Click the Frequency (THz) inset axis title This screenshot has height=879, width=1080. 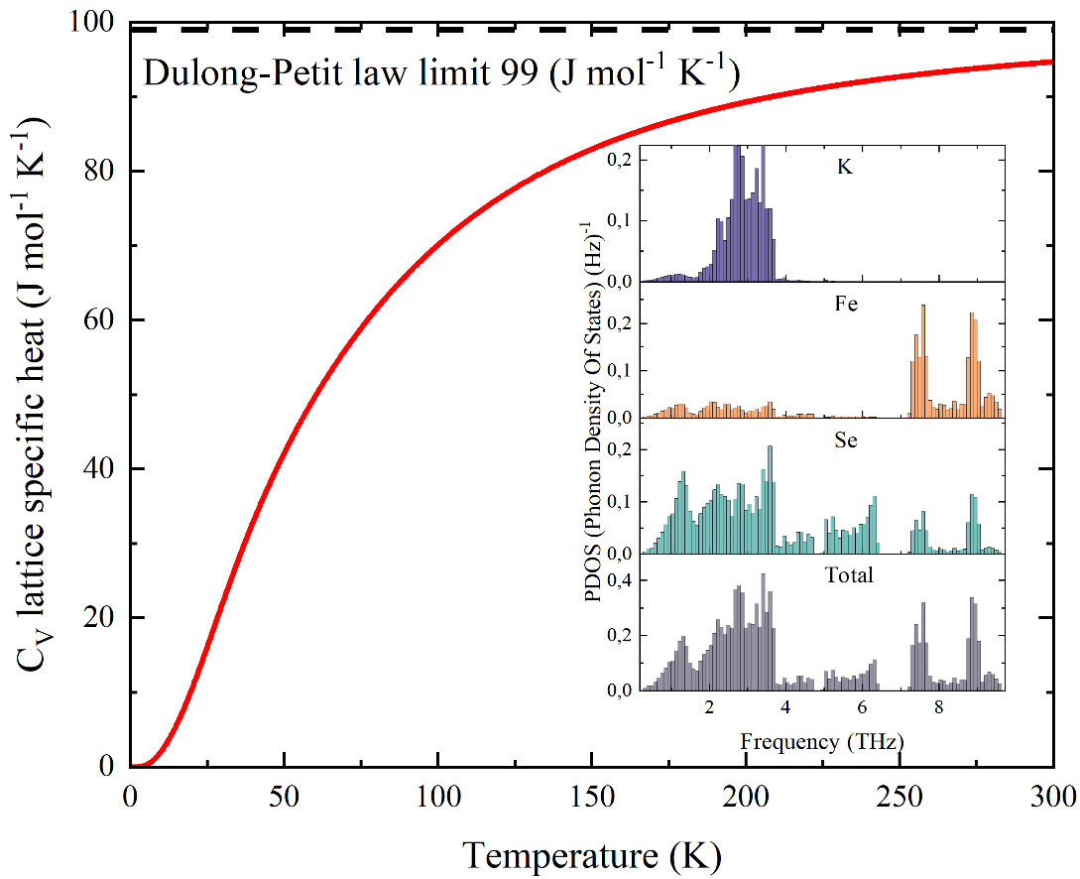[822, 740]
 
